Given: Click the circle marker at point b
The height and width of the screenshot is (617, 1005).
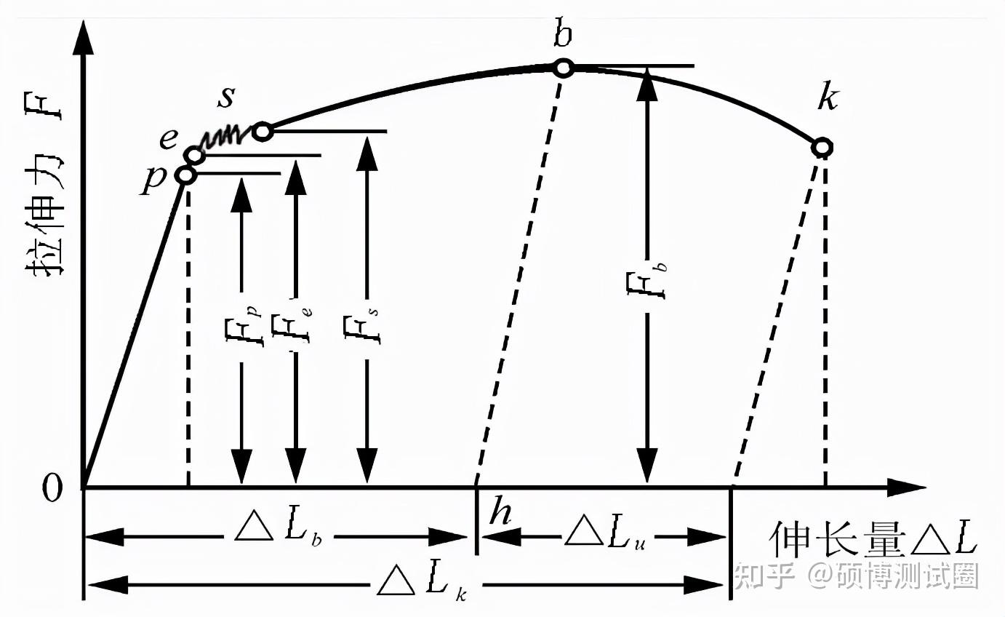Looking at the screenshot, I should [x=563, y=68].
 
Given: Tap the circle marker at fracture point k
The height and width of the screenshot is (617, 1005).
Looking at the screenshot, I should [x=822, y=148].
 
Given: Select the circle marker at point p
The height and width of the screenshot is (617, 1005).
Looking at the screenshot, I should [x=186, y=175].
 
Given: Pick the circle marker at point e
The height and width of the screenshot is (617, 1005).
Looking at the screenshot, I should [x=194, y=154].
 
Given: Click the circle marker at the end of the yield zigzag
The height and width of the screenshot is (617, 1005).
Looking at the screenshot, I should [x=263, y=132].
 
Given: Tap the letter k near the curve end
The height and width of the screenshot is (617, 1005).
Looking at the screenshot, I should [x=827, y=97].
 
